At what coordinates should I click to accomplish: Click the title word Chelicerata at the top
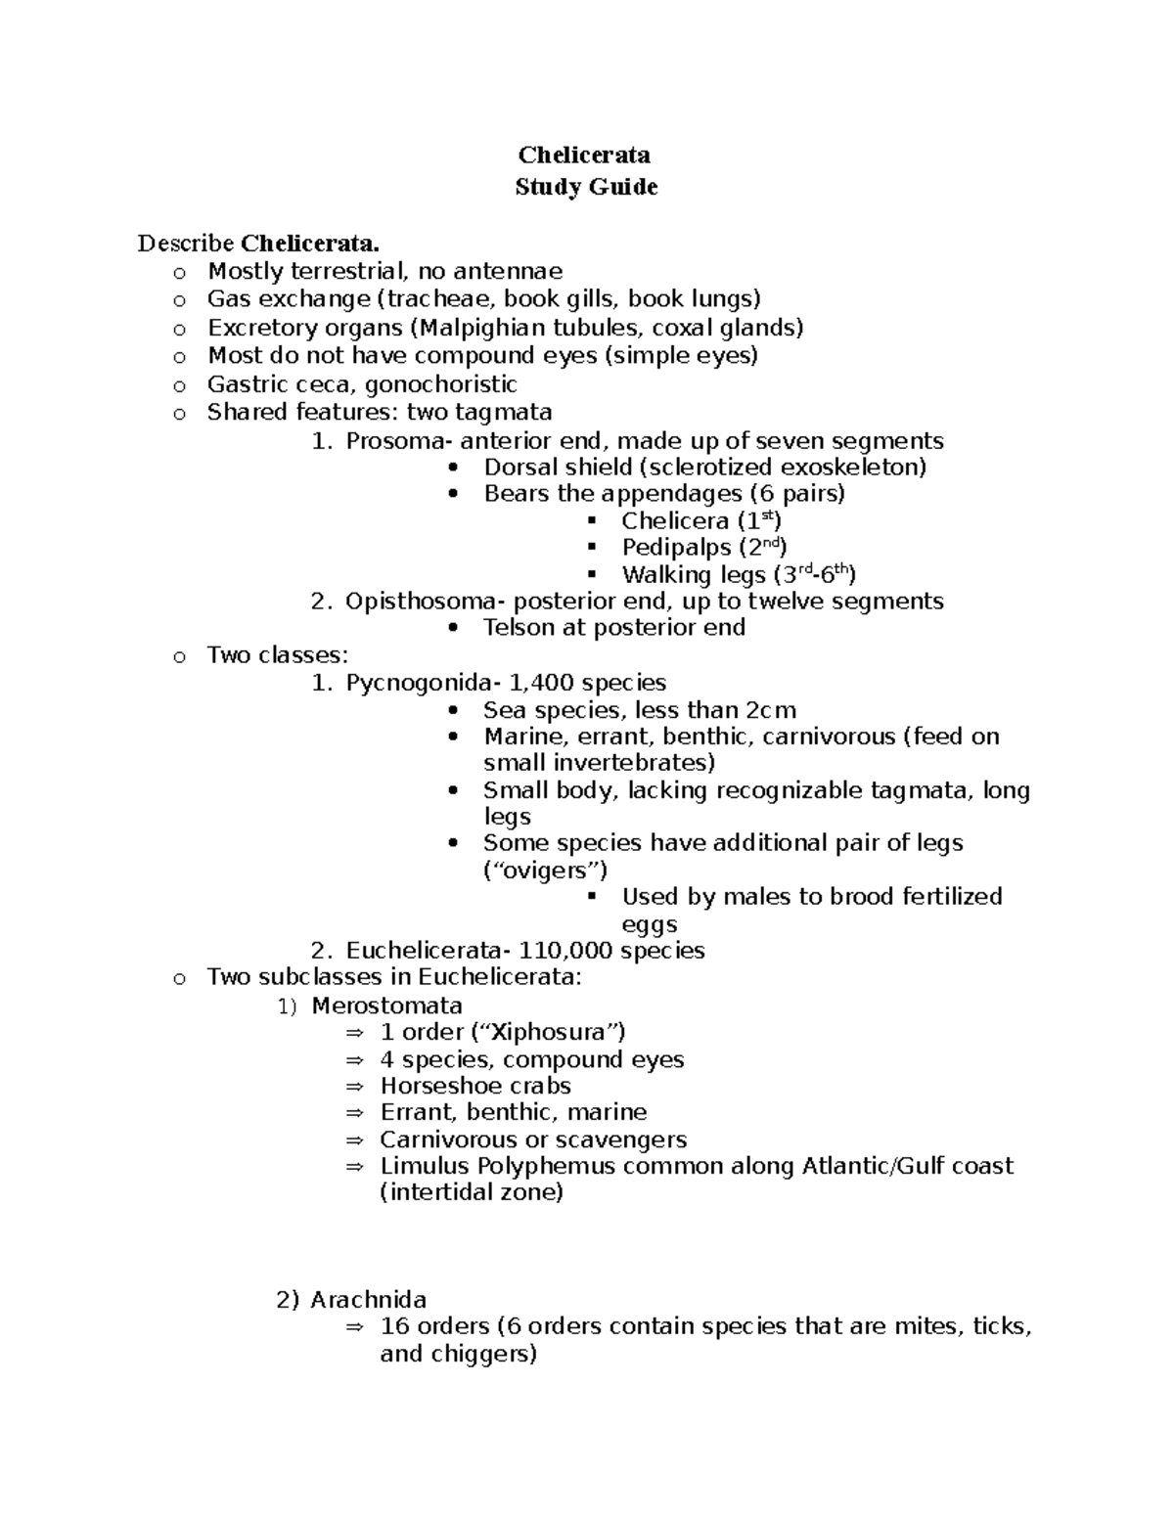coord(585,155)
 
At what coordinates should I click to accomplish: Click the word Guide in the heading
coord(622,187)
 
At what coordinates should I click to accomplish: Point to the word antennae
coord(509,271)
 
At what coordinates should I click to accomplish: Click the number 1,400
coord(557,682)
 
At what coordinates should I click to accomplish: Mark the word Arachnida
coord(369,1299)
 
